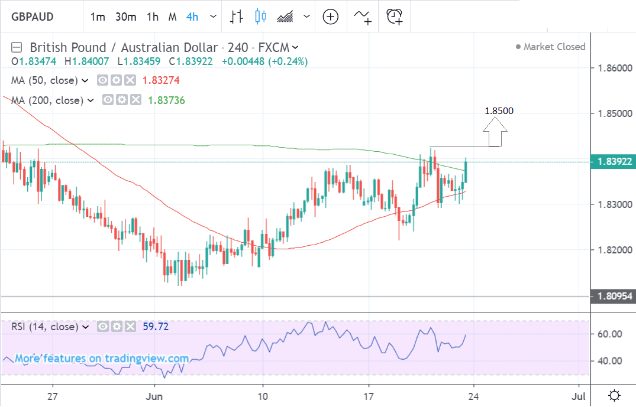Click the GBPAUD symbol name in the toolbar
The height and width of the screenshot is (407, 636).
click(32, 17)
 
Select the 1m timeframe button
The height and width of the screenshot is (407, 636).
click(98, 17)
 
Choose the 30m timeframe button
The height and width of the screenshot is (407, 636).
click(125, 17)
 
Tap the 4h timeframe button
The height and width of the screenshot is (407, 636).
click(192, 17)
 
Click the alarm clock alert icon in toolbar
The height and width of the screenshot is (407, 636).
click(394, 17)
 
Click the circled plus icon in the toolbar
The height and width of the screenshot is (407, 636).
click(330, 17)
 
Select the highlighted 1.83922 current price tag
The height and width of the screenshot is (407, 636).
click(612, 161)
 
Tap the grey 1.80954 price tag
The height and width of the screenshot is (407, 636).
click(612, 297)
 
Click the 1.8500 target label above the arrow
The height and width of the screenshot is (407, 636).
click(499, 110)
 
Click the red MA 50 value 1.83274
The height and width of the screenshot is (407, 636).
click(163, 80)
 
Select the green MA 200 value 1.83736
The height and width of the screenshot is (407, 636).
click(166, 100)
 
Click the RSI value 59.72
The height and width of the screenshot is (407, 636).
click(156, 326)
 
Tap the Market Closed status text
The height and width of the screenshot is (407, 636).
click(554, 47)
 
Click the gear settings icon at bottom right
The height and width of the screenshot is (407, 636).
click(614, 395)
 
